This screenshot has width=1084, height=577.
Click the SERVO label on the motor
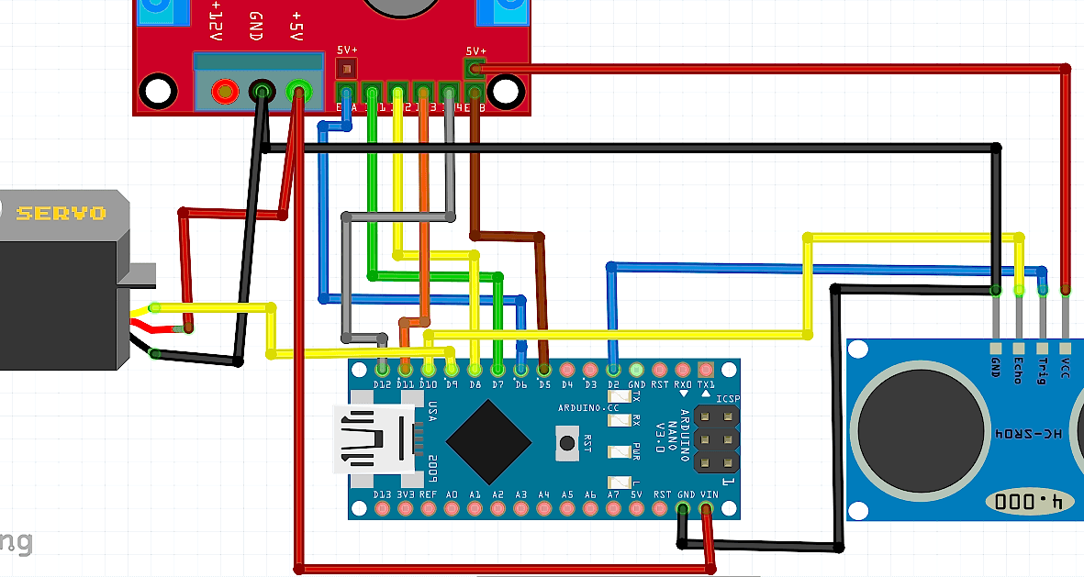click(x=61, y=213)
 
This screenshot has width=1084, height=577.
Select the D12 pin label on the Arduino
click(x=383, y=385)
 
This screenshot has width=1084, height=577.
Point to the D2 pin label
click(x=613, y=385)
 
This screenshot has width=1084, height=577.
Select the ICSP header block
click(x=716, y=439)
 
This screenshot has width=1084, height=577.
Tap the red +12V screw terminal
click(x=223, y=91)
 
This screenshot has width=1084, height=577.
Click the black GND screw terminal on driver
click(x=262, y=91)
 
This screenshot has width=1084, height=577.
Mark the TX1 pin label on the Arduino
click(x=706, y=385)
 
